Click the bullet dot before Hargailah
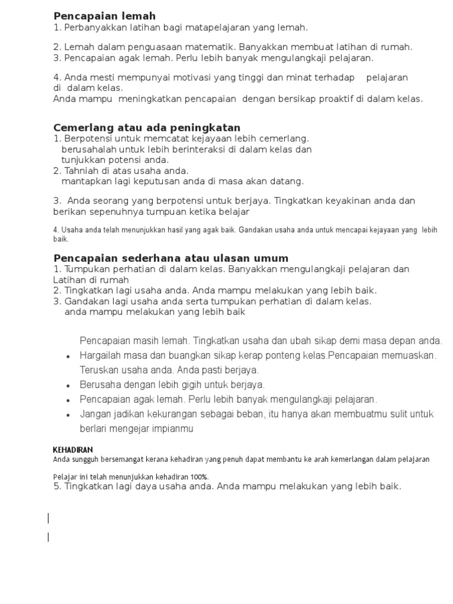point(68,356)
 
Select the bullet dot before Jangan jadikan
point(68,415)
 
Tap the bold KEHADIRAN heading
point(73,450)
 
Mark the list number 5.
point(56,487)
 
